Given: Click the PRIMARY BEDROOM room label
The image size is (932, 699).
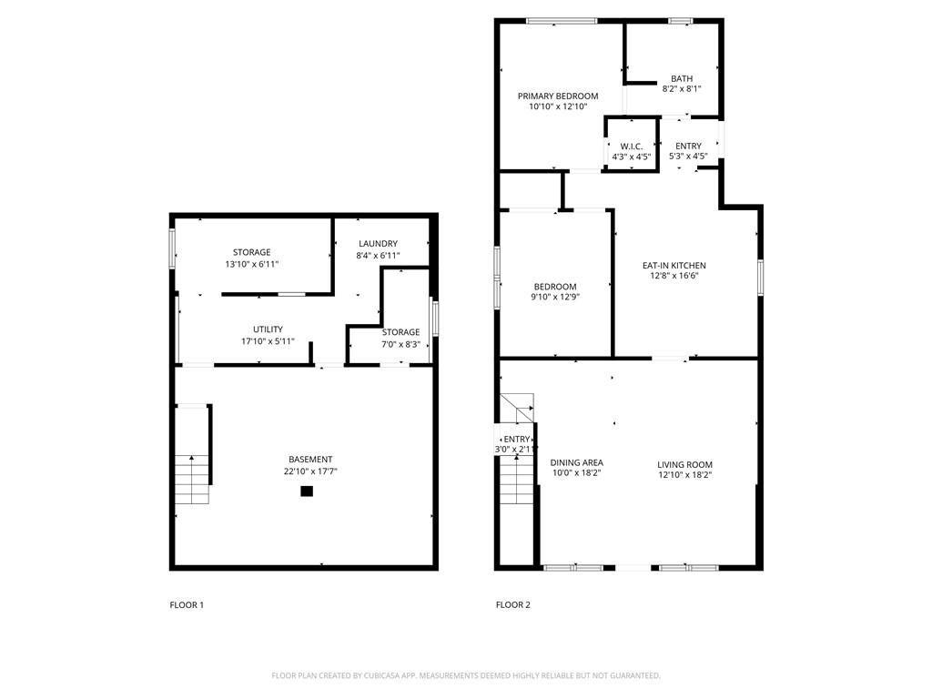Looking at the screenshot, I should click(558, 96).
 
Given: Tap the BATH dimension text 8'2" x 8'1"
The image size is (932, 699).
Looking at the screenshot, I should click(681, 89).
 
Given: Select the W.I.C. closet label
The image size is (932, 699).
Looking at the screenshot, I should click(632, 147).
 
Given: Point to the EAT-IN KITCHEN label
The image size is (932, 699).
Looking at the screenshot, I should click(674, 266).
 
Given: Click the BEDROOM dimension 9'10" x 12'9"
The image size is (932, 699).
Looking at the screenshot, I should click(554, 297).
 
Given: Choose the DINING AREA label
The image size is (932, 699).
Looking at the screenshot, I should click(576, 462).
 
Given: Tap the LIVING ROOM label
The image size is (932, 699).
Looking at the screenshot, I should click(684, 464).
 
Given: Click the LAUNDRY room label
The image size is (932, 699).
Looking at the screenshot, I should click(378, 243).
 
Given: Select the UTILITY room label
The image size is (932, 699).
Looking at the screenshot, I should click(268, 329).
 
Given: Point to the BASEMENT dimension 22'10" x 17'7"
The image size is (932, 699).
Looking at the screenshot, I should click(310, 471).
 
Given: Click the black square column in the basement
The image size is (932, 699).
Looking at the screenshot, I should click(307, 491).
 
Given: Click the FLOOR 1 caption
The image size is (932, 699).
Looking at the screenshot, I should click(187, 604).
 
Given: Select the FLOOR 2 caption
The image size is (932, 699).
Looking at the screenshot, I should click(512, 604).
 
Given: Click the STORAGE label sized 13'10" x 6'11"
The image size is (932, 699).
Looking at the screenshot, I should click(251, 252).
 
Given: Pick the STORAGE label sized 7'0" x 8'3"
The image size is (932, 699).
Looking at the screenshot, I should click(400, 332).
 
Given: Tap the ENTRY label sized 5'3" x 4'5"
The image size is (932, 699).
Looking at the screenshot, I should click(688, 147).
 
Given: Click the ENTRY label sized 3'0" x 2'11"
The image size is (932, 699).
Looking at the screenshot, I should click(516, 440).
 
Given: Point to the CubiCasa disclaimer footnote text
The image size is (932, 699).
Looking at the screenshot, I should click(466, 675).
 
